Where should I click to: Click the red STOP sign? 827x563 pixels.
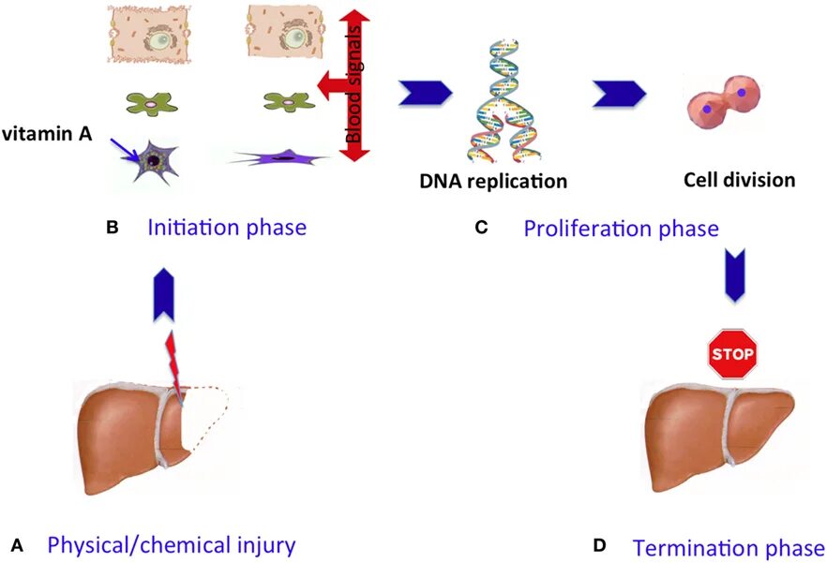tap(732, 354)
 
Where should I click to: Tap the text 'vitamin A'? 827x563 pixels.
tap(47, 134)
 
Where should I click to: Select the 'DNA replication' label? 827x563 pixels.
tap(493, 181)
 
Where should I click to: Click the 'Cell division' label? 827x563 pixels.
tap(740, 180)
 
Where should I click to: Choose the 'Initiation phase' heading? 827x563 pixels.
tap(227, 228)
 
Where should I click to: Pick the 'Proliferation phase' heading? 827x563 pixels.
tap(621, 229)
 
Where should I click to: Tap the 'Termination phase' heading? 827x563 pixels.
tap(729, 548)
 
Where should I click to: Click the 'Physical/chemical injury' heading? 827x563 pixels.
tap(172, 545)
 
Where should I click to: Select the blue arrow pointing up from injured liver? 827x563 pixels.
tap(163, 294)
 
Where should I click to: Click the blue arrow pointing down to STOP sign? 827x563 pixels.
tap(735, 274)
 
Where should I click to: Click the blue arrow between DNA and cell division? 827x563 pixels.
tap(619, 94)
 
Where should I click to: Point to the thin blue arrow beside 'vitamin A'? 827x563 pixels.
tap(125, 149)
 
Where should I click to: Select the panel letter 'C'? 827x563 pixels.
tap(481, 228)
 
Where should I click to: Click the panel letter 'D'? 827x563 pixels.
tap(599, 546)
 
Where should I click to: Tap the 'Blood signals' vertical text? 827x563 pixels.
tap(353, 84)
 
